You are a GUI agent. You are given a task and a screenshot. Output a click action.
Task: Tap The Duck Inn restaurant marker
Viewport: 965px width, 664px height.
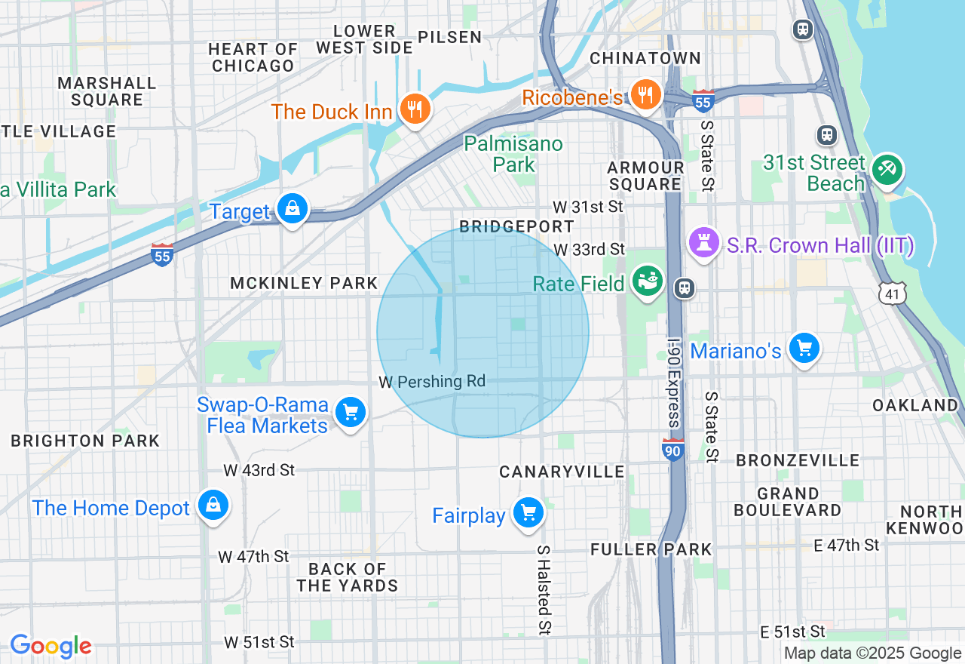coord(414,109)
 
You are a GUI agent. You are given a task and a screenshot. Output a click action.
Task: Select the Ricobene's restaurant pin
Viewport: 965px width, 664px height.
coord(646,94)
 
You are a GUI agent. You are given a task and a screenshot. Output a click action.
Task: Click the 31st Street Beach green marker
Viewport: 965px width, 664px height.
coord(887,170)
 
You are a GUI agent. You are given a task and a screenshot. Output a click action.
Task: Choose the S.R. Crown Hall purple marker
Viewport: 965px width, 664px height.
coord(703,242)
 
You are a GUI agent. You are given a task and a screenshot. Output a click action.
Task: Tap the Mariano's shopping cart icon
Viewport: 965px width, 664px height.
coord(804,348)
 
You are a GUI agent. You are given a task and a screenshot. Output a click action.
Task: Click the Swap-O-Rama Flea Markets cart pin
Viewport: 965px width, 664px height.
coord(351,412)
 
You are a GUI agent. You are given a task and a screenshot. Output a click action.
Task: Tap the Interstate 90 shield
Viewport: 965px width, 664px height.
coord(672,450)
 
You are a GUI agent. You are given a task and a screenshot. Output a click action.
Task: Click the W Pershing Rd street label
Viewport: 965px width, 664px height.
coord(432,382)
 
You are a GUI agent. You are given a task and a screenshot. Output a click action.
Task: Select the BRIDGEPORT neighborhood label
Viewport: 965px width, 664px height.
coord(516,226)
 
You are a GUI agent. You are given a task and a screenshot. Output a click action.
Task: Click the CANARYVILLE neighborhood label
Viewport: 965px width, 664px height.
coord(562,472)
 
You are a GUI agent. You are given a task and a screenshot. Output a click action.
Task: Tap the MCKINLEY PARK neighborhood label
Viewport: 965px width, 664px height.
coord(304,283)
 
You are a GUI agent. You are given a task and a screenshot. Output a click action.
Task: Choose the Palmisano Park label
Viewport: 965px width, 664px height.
coord(513,154)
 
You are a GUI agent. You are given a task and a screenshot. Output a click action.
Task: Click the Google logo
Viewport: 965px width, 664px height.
coord(51,646)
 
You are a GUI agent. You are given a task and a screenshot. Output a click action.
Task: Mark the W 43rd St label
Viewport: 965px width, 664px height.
coord(259,470)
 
